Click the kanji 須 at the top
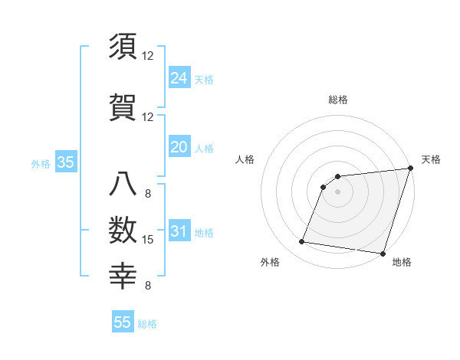123,47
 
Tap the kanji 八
123,186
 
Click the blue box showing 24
179,77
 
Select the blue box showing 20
179,147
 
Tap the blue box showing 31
179,231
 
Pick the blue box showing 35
65,162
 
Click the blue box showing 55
123,322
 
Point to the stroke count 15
149,240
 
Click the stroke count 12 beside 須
148,56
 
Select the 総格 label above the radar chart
337,100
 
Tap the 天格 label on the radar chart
431,159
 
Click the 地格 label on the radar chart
402,263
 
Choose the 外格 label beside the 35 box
41,163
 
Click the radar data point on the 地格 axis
383,254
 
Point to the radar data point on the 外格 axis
302,242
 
